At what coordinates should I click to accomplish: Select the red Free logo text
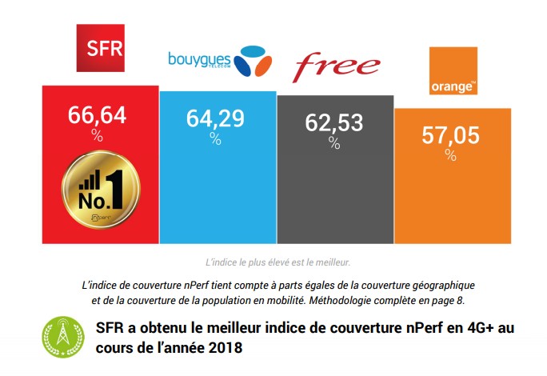[335, 66]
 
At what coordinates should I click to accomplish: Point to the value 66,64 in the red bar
[98, 115]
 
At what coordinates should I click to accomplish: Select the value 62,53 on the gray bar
[334, 123]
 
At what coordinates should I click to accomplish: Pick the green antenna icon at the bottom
[61, 338]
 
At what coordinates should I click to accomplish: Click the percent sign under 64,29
[215, 138]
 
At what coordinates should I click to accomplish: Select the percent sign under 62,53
[334, 142]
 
